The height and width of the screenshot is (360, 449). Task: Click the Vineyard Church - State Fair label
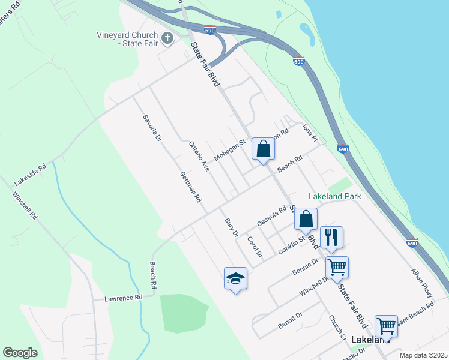coord(127,39)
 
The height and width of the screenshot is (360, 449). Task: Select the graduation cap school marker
coord(235,278)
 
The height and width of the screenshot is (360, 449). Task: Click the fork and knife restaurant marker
coord(331,238)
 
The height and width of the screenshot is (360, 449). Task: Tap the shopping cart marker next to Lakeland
coord(386,326)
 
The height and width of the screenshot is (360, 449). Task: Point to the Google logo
coord(20,353)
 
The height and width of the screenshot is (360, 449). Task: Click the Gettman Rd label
coord(190,186)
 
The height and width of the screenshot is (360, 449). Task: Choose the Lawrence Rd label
coord(123,298)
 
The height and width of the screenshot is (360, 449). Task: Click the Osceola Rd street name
coord(272,217)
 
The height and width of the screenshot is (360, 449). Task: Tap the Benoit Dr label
coord(289,320)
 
